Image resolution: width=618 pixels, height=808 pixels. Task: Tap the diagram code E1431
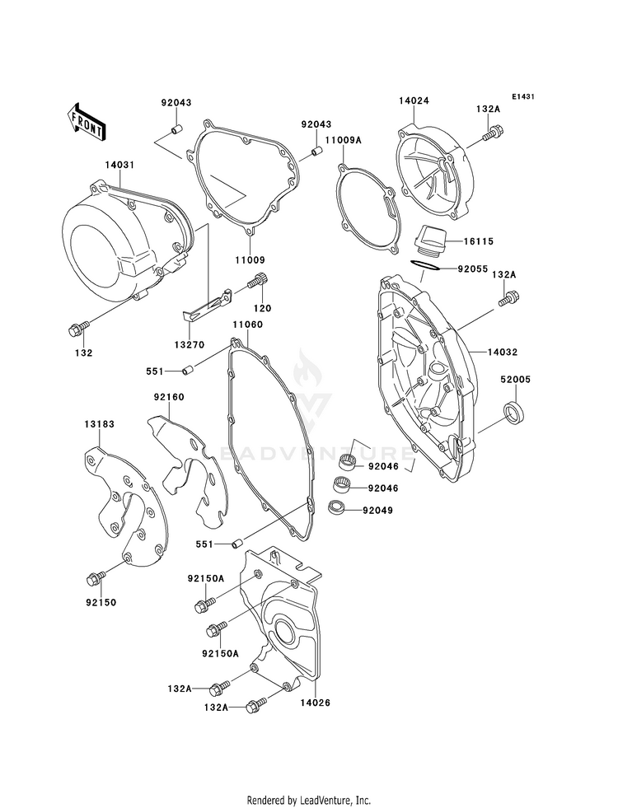point(523,97)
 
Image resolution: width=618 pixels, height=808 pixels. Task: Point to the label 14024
point(415,101)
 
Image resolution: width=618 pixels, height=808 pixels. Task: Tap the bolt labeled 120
point(256,282)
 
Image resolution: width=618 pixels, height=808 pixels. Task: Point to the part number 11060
point(246,325)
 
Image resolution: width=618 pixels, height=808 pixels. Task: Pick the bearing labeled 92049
point(336,507)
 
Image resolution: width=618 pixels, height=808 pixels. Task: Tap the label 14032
point(502,352)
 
